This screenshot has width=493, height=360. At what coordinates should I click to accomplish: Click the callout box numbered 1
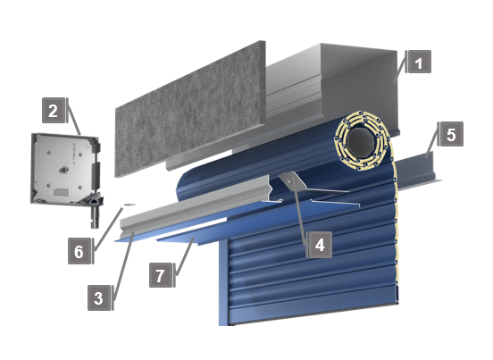(x=419, y=62)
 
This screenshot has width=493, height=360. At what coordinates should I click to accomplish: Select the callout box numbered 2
(x=54, y=111)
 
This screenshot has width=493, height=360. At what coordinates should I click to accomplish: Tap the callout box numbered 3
(x=99, y=297)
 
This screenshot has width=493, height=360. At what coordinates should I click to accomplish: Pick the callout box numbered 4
(x=320, y=245)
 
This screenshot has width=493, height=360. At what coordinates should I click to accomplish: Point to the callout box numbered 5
(x=452, y=134)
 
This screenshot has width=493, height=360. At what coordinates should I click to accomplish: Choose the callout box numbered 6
(x=79, y=251)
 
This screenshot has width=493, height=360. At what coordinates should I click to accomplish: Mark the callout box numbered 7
(x=161, y=275)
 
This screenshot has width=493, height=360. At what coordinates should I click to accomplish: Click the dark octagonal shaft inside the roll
(x=361, y=142)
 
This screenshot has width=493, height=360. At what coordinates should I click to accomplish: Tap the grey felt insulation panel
(x=190, y=108)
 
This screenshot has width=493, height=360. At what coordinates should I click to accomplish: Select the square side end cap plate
(x=65, y=170)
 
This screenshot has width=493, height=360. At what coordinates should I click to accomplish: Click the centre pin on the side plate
(x=65, y=170)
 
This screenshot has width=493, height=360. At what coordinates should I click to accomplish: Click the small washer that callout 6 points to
(x=129, y=205)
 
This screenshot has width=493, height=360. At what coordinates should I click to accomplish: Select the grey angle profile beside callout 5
(x=418, y=171)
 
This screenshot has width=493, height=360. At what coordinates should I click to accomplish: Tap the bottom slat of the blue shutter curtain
(x=312, y=311)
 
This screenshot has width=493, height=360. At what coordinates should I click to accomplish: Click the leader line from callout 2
(x=74, y=116)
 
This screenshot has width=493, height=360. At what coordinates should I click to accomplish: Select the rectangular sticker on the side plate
(x=61, y=192)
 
